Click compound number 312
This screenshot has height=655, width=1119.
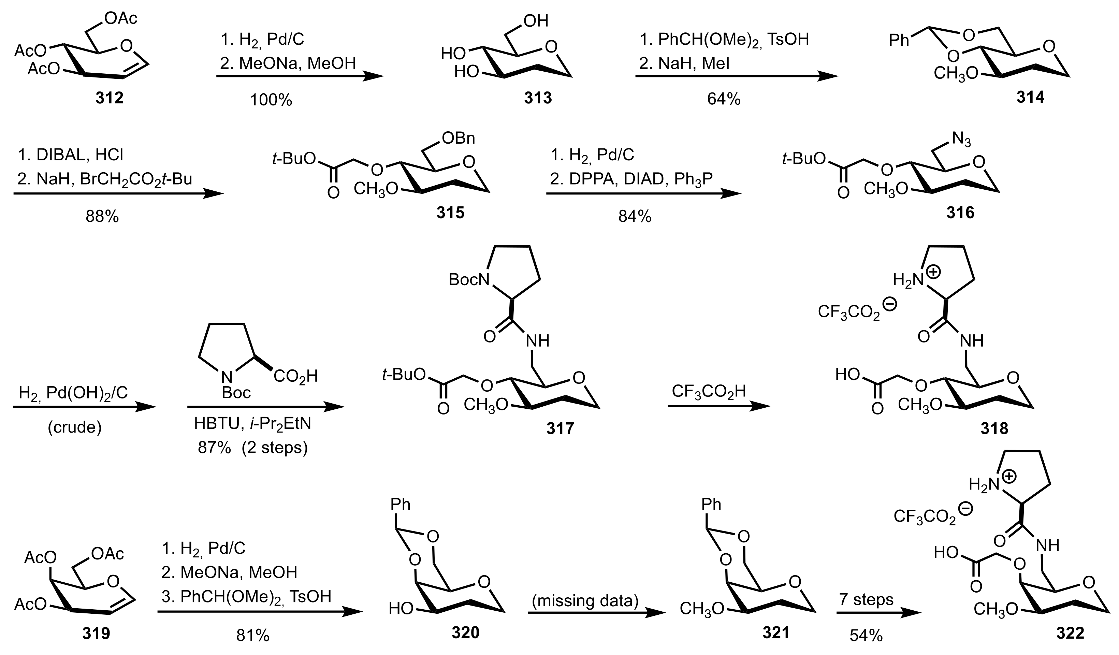tap(109, 97)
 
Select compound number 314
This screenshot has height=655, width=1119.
tap(1030, 97)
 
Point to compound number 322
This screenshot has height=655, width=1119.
tap(1070, 633)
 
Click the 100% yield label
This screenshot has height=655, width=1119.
tap(271, 100)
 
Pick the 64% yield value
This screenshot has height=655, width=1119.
tap(724, 99)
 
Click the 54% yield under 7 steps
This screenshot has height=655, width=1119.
tap(866, 636)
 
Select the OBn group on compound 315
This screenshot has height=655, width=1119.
tap(458, 139)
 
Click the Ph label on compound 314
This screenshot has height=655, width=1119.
tap(900, 40)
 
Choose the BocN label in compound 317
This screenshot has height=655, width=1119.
tap(469, 279)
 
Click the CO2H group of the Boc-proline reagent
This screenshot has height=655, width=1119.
tap(295, 376)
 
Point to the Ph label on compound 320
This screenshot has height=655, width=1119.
tap(401, 505)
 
